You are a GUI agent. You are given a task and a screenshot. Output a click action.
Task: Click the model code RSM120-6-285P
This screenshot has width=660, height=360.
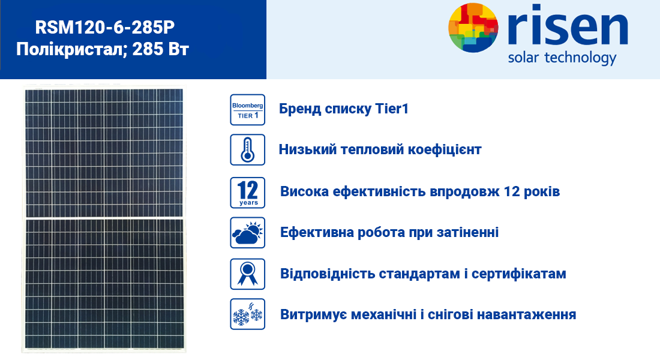tap(104, 28)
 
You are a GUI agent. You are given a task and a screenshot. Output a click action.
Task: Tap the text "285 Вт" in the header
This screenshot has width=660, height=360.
tap(160, 49)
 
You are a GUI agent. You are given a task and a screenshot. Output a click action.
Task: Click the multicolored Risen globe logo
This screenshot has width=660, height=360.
tap(473, 28)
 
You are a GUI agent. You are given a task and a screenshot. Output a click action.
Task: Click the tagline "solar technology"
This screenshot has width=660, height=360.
tap(562, 58)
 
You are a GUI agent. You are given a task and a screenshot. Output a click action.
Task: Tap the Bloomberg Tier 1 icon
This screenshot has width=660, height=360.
tap(247, 110)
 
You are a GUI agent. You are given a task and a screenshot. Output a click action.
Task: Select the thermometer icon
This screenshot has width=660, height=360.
tap(247, 150)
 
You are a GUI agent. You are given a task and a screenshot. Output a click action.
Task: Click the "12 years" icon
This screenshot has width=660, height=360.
tap(247, 193)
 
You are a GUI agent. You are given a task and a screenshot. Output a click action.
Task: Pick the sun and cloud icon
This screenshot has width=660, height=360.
tap(247, 233)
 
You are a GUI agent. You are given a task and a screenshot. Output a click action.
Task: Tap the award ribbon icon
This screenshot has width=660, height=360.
tap(247, 274)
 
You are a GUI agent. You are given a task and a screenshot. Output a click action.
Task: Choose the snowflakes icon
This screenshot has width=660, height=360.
tap(247, 314)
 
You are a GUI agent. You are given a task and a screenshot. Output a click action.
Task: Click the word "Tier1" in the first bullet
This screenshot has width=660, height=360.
tap(392, 109)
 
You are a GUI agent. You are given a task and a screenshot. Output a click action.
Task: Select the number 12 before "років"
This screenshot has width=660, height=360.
tap(511, 191)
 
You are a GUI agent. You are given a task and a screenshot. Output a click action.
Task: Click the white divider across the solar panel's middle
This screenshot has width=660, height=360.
tap(104, 218)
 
